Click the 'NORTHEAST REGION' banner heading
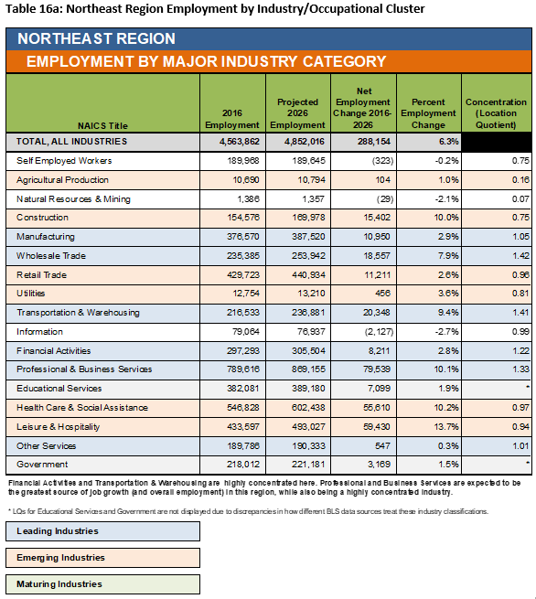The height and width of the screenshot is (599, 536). click(96, 38)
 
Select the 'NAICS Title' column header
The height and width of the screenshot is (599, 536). click(102, 125)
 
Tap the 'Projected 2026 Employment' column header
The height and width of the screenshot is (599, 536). click(297, 113)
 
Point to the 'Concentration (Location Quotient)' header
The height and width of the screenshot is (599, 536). click(496, 113)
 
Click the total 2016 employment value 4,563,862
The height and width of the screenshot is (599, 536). click(240, 142)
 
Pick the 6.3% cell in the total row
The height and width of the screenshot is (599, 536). click(448, 142)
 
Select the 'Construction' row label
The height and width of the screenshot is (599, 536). click(42, 218)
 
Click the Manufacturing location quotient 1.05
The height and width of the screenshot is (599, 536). click(520, 237)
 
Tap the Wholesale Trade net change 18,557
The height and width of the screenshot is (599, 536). click(377, 255)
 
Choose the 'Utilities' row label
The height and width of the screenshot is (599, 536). click(30, 294)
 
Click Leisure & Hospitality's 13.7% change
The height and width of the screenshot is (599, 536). click(446, 427)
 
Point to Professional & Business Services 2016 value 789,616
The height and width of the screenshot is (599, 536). click(243, 369)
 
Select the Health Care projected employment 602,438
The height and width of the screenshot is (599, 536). click(308, 408)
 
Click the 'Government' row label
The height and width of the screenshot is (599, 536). click(42, 465)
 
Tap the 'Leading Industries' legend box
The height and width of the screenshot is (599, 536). click(102, 531)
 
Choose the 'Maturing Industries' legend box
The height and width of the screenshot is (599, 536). click(102, 584)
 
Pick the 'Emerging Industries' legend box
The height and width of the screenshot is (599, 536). click(102, 558)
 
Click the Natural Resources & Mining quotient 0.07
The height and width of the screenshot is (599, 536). click(520, 199)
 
